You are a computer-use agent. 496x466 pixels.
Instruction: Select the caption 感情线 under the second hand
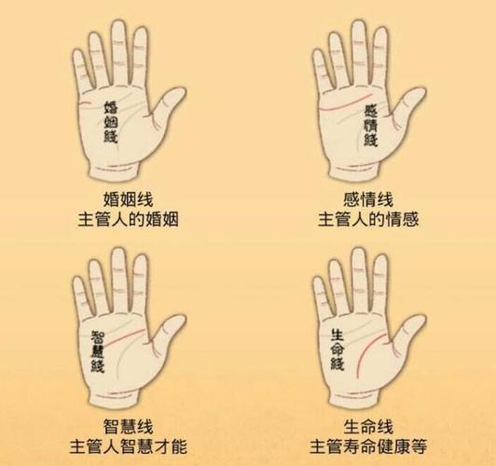(368, 199)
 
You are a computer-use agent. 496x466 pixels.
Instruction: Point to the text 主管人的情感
(368, 220)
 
